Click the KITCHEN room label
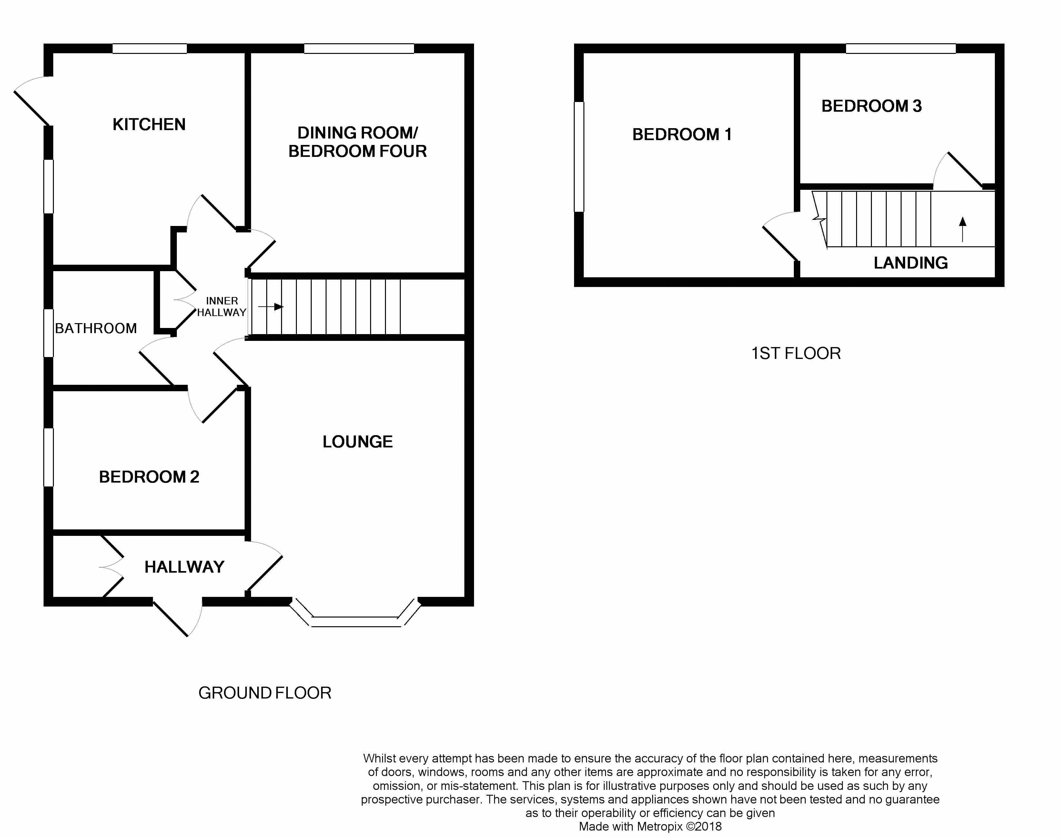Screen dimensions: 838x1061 [x=149, y=125]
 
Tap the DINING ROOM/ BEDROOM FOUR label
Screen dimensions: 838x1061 [x=357, y=142]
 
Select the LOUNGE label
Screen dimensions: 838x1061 [x=357, y=442]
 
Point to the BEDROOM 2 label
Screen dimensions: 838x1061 [x=149, y=477]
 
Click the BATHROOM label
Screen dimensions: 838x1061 [x=96, y=328]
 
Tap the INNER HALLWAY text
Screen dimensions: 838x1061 [x=221, y=307]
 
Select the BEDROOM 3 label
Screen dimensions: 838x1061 [x=871, y=106]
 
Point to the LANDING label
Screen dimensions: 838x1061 [x=910, y=263]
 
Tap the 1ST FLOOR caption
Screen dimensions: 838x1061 [x=796, y=353]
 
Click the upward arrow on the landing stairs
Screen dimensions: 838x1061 [x=962, y=229]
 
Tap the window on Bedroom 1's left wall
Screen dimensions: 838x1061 [x=579, y=157]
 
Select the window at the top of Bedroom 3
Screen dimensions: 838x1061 [x=901, y=48]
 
